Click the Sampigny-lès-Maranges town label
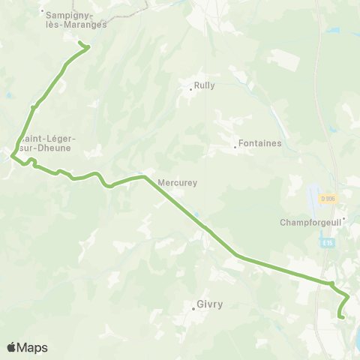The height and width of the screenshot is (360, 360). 76,19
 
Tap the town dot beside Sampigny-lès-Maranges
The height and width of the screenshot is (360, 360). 43,11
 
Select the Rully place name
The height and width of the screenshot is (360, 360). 205,85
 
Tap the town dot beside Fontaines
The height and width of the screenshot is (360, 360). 235,147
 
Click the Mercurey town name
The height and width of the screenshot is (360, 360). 176,181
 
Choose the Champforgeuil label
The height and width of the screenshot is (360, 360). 309,222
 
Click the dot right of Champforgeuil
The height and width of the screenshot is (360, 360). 343,219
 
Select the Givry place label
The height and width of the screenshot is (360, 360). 209,304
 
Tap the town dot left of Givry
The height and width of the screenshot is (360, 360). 192,306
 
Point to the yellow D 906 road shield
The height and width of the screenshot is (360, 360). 328,199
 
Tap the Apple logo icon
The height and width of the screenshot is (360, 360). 11,347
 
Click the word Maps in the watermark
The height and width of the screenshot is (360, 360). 34,347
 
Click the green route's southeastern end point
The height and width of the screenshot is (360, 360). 340,317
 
